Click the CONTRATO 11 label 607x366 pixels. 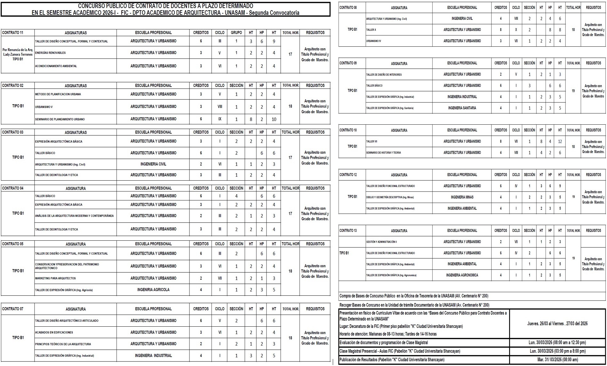[13, 33]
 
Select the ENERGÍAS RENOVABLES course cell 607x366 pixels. [51, 53]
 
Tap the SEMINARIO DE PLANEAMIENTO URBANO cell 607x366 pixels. [60, 119]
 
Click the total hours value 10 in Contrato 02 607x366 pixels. [274, 119]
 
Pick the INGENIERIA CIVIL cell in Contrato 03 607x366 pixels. [153, 164]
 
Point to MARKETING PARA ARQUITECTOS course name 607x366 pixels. [55, 278]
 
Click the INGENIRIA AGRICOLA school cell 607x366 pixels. [153, 290]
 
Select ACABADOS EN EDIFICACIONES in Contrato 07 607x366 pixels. [54, 332]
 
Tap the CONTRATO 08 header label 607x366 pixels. [348, 7]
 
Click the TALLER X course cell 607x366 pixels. [371, 30]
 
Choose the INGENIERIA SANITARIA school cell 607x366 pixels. [462, 108]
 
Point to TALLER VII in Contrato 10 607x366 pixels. [372, 141]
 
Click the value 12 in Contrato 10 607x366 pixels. [560, 141]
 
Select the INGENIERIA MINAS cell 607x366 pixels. [462, 197]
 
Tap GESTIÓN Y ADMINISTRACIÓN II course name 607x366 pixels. [381, 242]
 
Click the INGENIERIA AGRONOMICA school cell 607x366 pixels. [462, 275]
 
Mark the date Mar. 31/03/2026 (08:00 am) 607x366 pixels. [557, 360]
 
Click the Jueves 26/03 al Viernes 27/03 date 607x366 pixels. [557, 323]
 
